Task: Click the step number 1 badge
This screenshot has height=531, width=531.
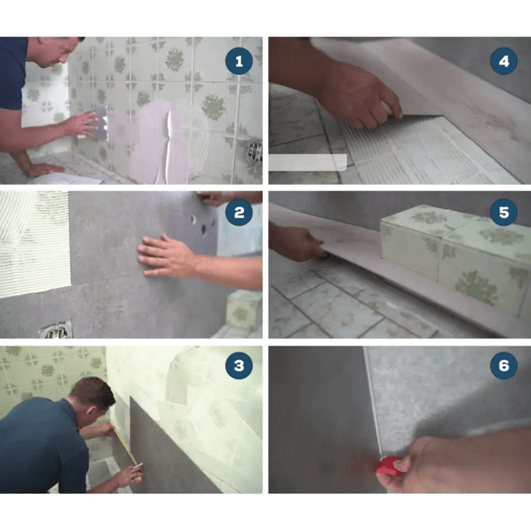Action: [x=239, y=61]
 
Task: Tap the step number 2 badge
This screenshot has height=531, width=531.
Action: [x=239, y=212]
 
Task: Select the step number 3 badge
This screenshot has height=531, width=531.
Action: [x=239, y=365]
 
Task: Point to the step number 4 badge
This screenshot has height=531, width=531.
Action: [x=504, y=61]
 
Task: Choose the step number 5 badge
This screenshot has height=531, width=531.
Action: [x=504, y=212]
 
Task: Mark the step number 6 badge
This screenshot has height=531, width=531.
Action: [x=504, y=365]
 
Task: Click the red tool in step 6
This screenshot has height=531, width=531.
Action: [x=388, y=465]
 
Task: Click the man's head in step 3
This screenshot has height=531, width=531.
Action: [x=93, y=397]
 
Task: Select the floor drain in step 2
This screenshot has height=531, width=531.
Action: [x=56, y=330]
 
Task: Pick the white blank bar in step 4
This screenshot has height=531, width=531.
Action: [x=308, y=163]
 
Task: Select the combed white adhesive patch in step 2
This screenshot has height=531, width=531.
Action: [x=34, y=244]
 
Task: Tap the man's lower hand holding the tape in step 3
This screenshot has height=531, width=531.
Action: [x=130, y=474]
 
